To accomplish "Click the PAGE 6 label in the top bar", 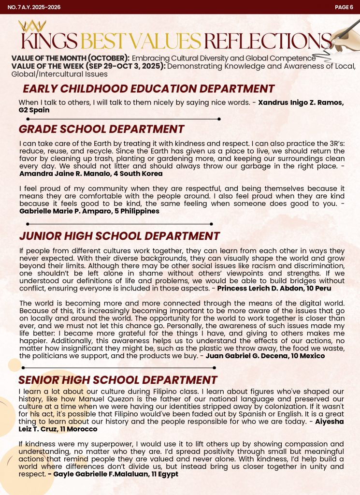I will [x=344, y=7].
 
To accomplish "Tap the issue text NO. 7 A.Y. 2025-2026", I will [x=30, y=7].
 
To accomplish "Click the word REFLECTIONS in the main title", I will [x=267, y=41].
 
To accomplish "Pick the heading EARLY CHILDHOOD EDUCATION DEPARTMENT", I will [x=149, y=89].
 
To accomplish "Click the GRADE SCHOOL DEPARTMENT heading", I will [x=101, y=129].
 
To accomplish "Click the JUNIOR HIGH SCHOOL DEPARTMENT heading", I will [x=119, y=236].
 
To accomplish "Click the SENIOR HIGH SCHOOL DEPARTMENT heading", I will [x=118, y=380].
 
